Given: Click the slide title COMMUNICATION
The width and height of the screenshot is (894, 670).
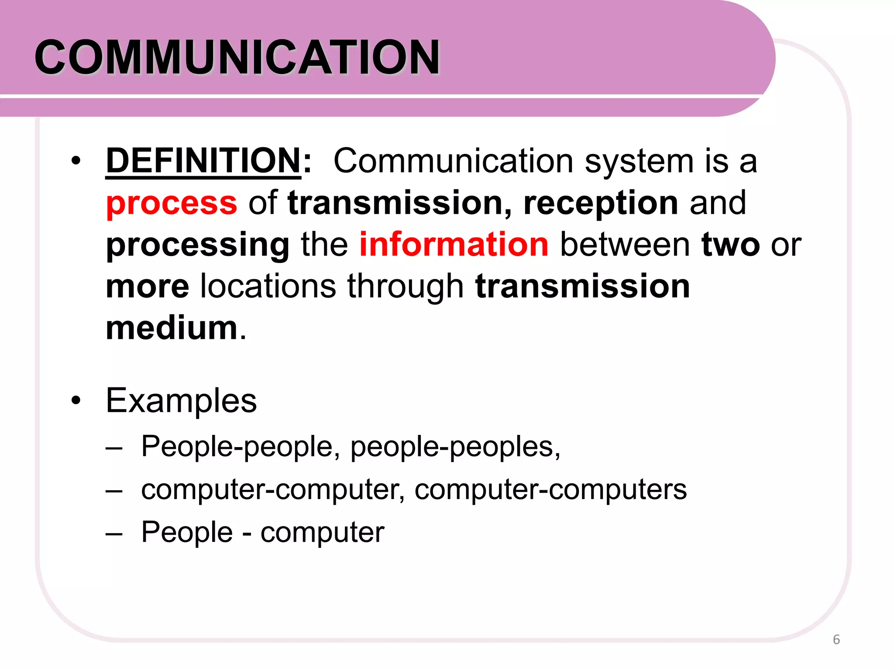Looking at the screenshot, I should (237, 57).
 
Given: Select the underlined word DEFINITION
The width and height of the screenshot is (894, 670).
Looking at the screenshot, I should (203, 161).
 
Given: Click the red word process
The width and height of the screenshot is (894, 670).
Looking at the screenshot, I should (172, 203).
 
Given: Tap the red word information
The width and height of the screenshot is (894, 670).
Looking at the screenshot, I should (454, 244).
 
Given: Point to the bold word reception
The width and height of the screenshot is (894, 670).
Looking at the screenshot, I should (601, 203).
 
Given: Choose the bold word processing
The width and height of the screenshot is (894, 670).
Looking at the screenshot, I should (197, 245).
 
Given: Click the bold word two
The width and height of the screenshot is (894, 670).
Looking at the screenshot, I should (730, 244).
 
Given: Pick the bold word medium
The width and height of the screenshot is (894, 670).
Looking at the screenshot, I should (172, 328).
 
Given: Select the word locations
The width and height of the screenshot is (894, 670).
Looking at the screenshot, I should (268, 286).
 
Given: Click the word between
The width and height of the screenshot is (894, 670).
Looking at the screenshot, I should (625, 244).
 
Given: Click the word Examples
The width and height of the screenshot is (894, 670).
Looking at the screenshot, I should (181, 400).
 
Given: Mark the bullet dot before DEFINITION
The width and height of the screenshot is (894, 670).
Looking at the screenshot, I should (76, 161).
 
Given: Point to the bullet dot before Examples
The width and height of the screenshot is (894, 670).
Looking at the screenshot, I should (76, 400).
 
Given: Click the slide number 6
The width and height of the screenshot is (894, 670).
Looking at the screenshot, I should (836, 639).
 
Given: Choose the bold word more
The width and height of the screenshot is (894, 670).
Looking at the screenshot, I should (148, 286).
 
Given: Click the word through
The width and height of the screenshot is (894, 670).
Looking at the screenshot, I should (405, 287).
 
